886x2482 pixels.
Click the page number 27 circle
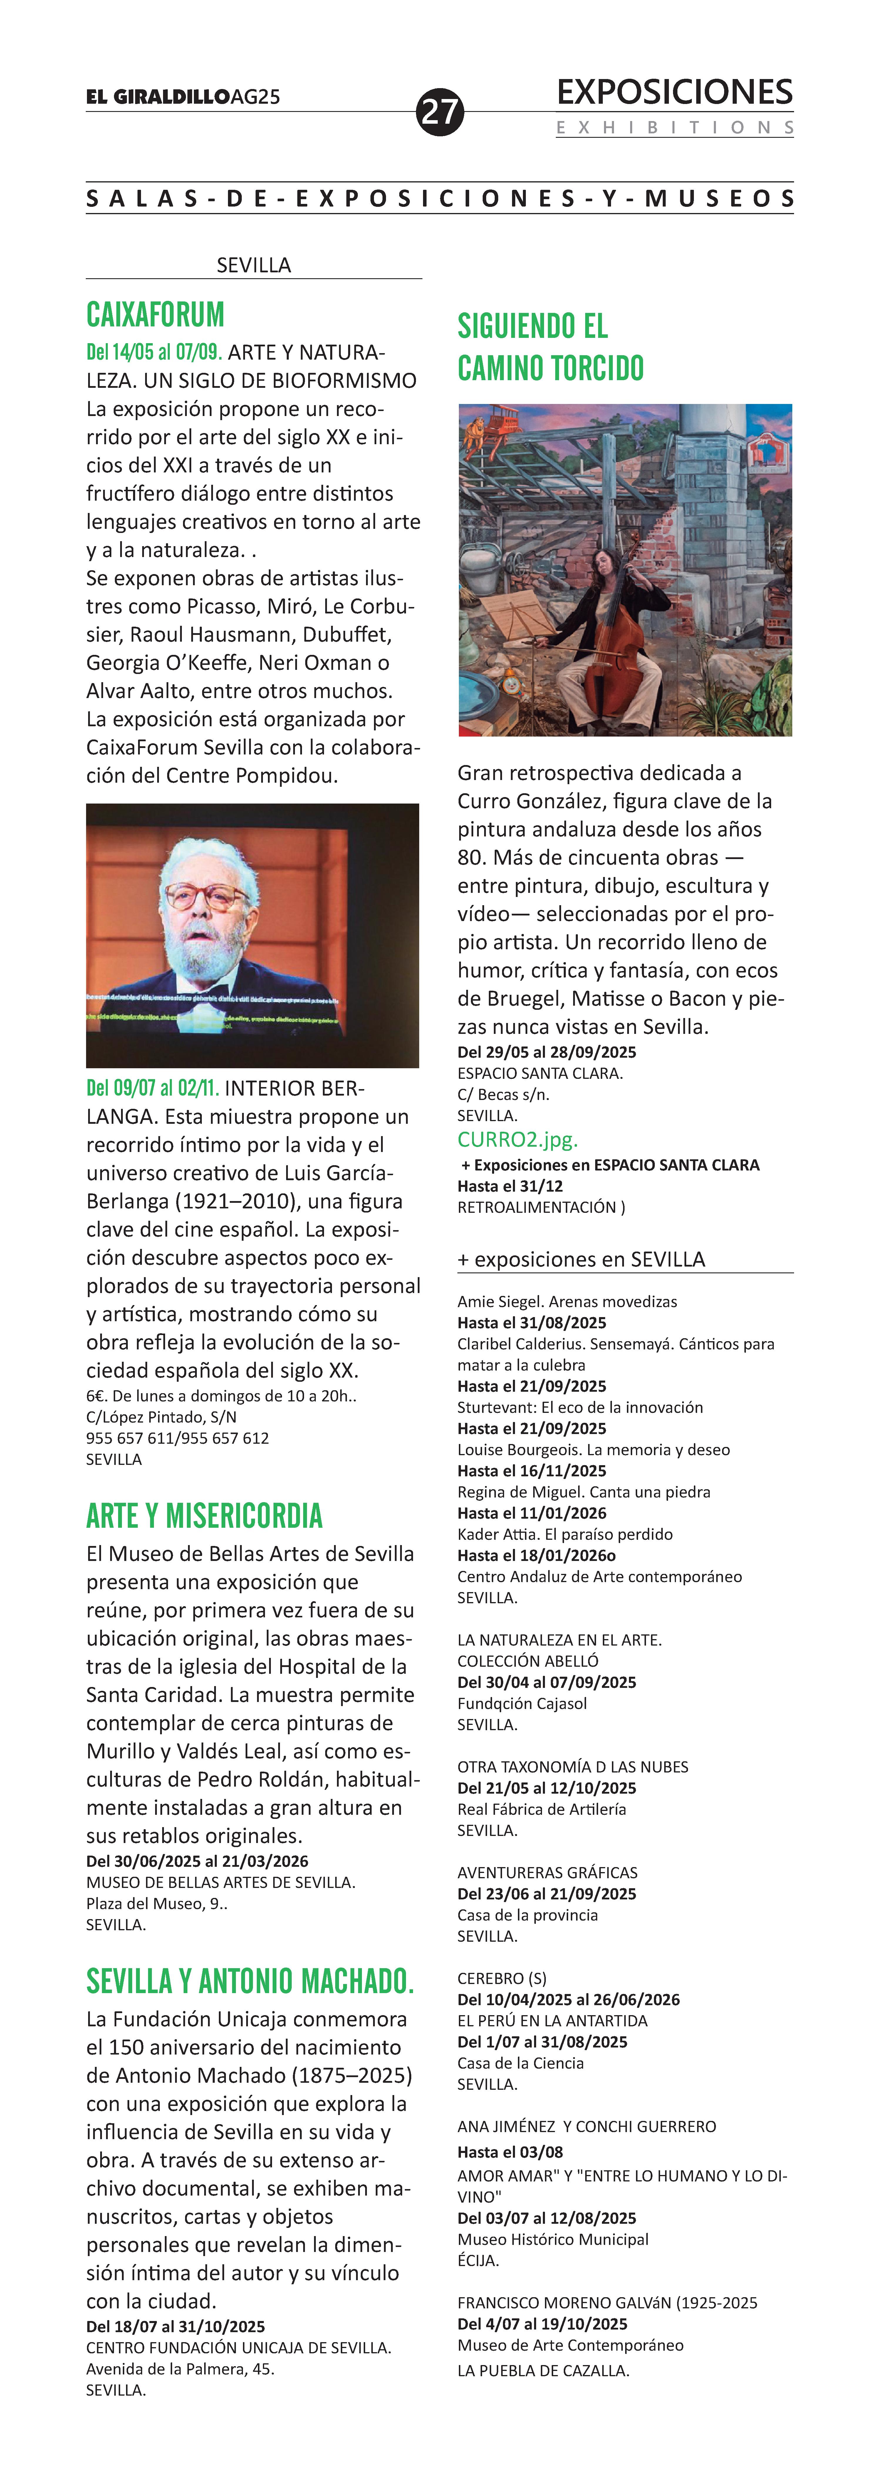(440, 113)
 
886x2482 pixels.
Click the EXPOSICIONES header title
(674, 93)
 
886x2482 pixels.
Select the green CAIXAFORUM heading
(155, 315)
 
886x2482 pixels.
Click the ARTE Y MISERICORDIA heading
(204, 1516)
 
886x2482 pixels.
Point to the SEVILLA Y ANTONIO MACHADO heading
(249, 1981)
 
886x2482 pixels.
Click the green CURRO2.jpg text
(517, 1139)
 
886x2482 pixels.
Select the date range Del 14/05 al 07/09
(154, 353)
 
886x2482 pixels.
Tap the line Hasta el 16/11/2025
(532, 1470)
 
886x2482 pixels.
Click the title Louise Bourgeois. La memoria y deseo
(593, 1449)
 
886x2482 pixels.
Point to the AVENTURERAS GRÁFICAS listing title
(547, 1872)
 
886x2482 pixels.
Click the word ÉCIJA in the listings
(478, 2259)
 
